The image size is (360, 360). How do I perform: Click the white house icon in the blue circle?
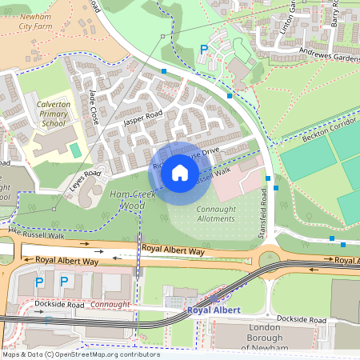[x=180, y=173]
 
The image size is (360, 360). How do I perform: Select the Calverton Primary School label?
[x=54, y=114]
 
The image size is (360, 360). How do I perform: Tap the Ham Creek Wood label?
[x=126, y=200]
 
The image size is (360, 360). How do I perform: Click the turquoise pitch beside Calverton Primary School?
[x=75, y=150]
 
